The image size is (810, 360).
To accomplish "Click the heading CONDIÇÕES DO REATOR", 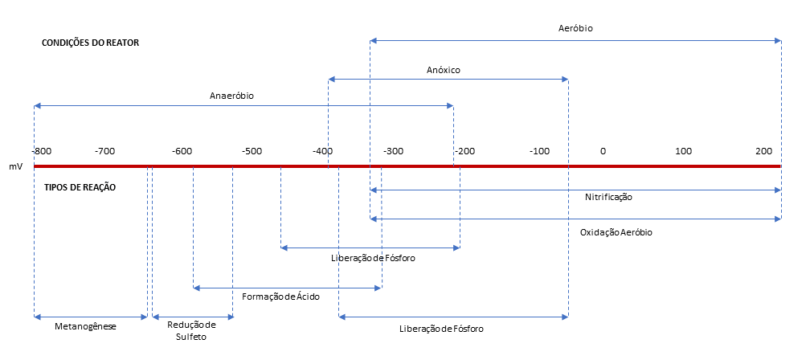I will click(91, 43).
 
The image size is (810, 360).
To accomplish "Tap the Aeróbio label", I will click(575, 28).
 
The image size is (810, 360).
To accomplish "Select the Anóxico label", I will click(443, 70).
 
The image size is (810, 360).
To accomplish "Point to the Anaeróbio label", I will click(231, 96).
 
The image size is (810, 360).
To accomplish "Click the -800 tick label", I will click(43, 151).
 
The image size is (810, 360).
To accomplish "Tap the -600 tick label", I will click(182, 151).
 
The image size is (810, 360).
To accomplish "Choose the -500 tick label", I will click(252, 151).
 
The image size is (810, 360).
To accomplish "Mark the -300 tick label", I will click(393, 151).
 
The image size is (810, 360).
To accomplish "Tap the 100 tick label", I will click(683, 151).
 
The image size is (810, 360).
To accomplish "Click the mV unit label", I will click(16, 167).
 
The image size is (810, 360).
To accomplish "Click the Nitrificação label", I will click(609, 197).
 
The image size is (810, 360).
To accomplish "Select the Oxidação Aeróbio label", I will click(616, 232).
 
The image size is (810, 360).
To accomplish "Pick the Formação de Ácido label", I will click(280, 297).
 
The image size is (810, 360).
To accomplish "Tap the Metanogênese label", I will click(86, 327).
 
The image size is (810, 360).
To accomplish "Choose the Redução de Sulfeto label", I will click(192, 331).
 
